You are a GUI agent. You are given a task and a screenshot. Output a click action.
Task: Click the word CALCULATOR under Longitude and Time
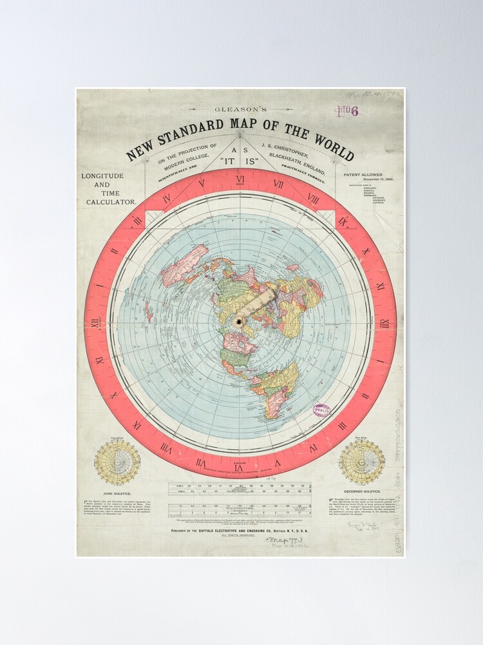pos(111,201)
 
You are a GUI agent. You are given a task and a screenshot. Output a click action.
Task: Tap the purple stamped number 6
pos(354,111)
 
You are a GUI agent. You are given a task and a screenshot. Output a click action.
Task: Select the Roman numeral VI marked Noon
pos(240,180)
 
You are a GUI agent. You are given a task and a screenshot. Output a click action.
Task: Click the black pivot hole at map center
pos(240,321)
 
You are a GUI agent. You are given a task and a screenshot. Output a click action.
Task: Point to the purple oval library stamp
pos(321,410)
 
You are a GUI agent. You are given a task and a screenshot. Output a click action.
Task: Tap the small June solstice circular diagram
pos(117,462)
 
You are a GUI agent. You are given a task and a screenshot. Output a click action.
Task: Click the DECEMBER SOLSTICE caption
pos(362,491)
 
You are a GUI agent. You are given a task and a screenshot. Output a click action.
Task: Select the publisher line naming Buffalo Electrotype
pos(239,530)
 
